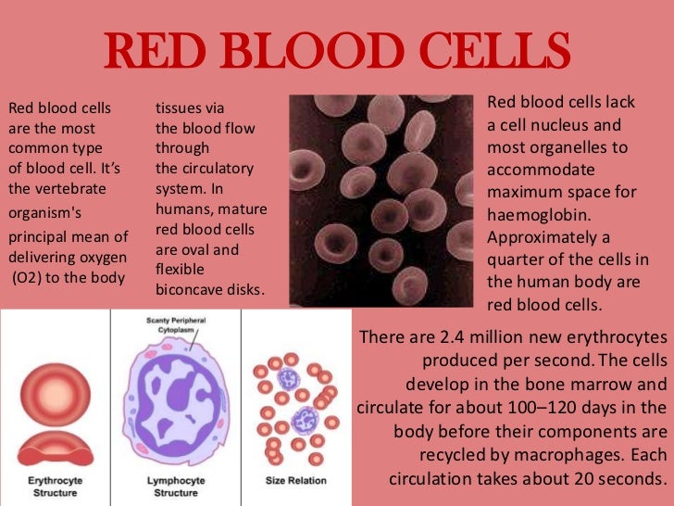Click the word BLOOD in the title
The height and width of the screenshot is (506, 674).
click(x=312, y=50)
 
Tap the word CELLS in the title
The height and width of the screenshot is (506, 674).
click(x=494, y=50)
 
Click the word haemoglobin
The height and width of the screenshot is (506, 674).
click(x=539, y=215)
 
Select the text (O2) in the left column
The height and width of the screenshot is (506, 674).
click(x=27, y=278)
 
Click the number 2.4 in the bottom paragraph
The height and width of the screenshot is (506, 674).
click(x=452, y=337)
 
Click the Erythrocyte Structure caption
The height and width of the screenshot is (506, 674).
click(x=55, y=487)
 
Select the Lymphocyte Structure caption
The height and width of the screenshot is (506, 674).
click(x=176, y=487)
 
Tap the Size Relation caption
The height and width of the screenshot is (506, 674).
click(x=295, y=480)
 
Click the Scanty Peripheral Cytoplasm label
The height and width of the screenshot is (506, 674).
click(x=176, y=325)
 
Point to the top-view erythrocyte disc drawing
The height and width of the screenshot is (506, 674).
click(x=56, y=395)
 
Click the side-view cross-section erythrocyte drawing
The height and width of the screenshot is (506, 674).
click(x=56, y=449)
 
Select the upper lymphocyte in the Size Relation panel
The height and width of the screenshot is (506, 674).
click(x=289, y=379)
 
